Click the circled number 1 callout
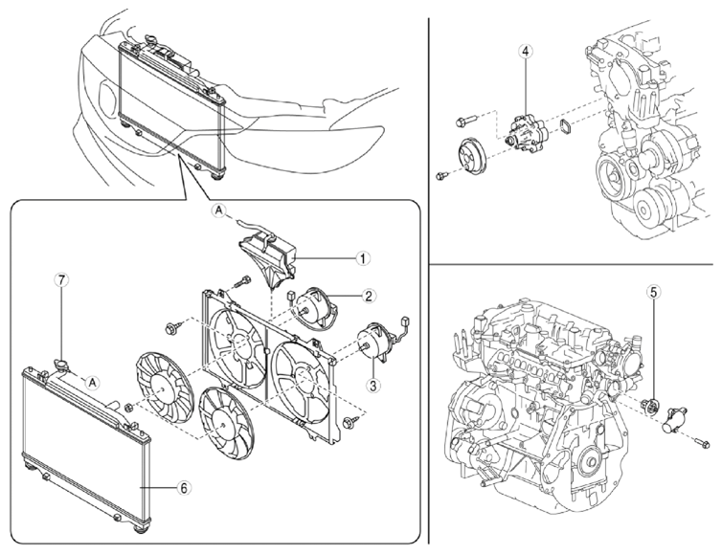pyautogui.click(x=363, y=258)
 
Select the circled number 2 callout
pyautogui.click(x=369, y=296)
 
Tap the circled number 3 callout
pyautogui.click(x=373, y=386)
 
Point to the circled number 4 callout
pyautogui.click(x=526, y=51)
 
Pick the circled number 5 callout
pyautogui.click(x=654, y=291)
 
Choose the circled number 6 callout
pyautogui.click(x=183, y=488)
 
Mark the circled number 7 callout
pyautogui.click(x=61, y=279)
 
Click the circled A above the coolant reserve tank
pyautogui.click(x=219, y=211)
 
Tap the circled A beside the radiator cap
pyautogui.click(x=94, y=382)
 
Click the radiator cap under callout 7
pyautogui.click(x=61, y=366)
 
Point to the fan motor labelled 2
pyautogui.click(x=317, y=308)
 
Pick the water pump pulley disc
pyautogui.click(x=472, y=157)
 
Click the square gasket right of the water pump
pyautogui.click(x=565, y=127)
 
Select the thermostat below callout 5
pyautogui.click(x=650, y=406)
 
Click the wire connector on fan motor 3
pyautogui.click(x=406, y=321)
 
